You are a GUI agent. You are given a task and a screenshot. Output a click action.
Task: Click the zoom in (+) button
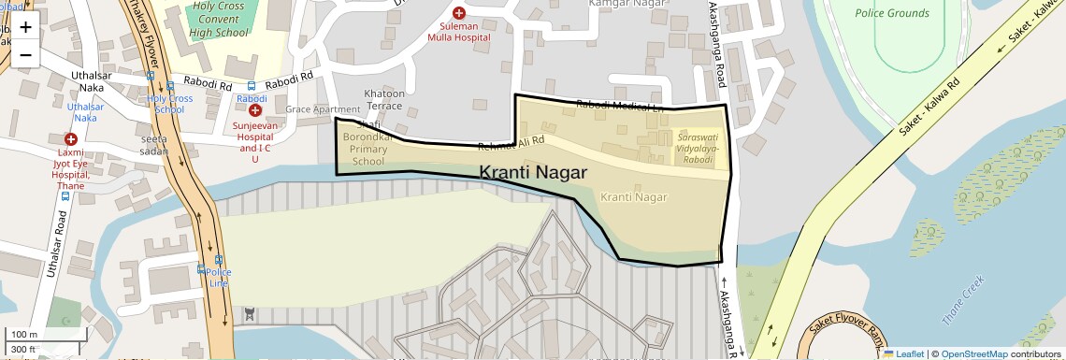[x=25, y=26]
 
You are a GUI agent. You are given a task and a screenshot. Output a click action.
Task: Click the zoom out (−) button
[x=25, y=54]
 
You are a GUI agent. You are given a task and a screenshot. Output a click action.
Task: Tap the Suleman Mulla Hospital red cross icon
[x=458, y=13]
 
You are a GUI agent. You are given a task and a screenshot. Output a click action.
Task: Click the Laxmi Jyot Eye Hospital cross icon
[x=70, y=138]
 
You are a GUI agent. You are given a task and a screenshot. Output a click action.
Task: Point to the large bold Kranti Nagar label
[x=533, y=173]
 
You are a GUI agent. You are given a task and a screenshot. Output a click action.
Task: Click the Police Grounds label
[x=892, y=13]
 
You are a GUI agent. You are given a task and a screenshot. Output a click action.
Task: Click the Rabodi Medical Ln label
[x=619, y=106]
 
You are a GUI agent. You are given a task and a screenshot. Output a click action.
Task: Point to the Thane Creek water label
[x=963, y=300]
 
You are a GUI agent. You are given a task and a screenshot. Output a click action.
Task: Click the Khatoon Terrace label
[x=383, y=99]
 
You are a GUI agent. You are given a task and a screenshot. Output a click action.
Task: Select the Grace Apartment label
[x=323, y=109]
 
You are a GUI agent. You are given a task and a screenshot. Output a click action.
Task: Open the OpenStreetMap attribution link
[x=973, y=353]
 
